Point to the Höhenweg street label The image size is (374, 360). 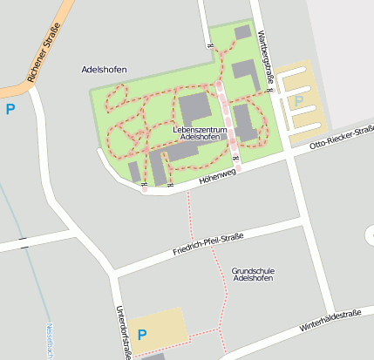tap(217, 175)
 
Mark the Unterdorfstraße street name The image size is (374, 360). tap(122, 332)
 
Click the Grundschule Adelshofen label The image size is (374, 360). tap(254, 275)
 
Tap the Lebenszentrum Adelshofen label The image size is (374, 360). tap(201, 133)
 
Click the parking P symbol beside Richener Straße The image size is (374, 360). tap(10, 109)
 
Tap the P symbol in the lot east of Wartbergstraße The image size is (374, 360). tap(299, 102)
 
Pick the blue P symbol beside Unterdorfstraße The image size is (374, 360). tap(143, 334)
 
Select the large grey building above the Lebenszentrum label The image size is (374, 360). tap(194, 110)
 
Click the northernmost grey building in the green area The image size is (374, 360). tap(243, 32)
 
